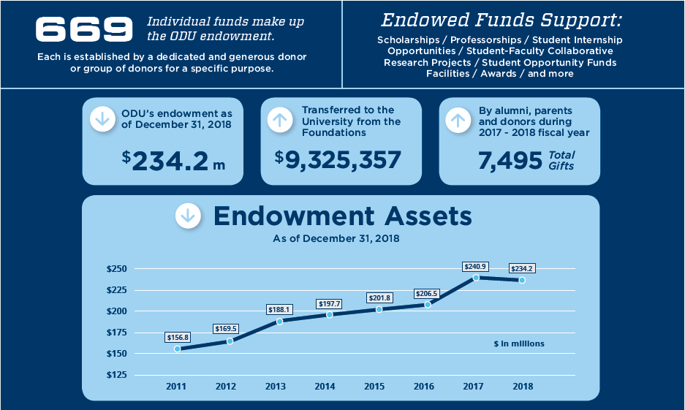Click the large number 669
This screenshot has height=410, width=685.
coord(85,30)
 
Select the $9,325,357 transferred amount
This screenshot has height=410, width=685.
coord(338,159)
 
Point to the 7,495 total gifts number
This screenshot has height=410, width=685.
coord(509,160)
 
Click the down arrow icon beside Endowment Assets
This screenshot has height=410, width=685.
coord(188,216)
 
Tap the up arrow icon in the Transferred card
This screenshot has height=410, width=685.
coord(280,120)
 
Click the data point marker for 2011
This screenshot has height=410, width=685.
coord(178,349)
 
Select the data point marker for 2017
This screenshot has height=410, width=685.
coord(476,278)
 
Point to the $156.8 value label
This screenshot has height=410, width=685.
coord(178,338)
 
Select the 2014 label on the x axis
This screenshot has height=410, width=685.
coord(325,386)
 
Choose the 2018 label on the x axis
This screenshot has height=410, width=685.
coord(523,386)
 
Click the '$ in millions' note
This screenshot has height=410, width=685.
coord(519,343)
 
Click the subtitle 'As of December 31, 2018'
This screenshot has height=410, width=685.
coord(336,239)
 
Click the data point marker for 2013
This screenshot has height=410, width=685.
coord(279,321)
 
